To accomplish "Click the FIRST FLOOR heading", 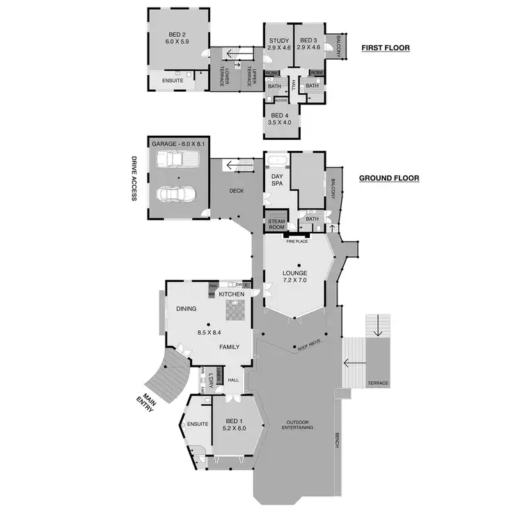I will click(385, 48).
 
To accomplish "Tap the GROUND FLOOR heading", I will click(388, 178).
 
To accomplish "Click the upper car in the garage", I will click(178, 161).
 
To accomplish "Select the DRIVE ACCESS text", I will click(134, 177).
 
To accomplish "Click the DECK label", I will click(236, 191).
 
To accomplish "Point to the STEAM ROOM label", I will click(278, 224).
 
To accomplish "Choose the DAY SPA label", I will click(277, 180).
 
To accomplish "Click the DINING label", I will click(187, 308).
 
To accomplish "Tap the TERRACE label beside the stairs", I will click(379, 383).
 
